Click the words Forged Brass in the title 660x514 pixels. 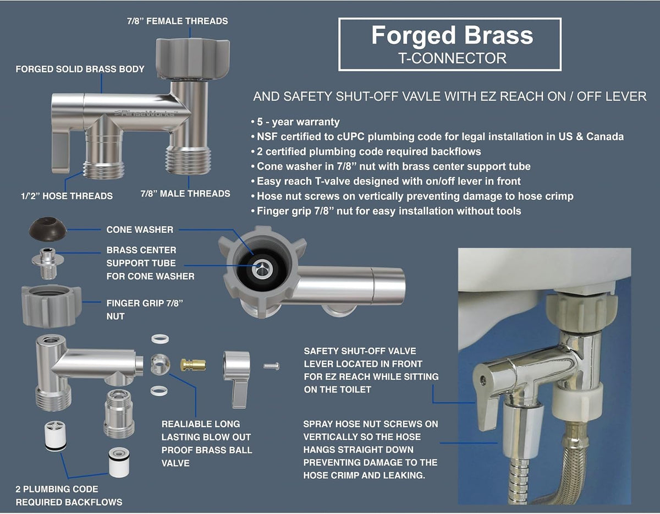[452, 36]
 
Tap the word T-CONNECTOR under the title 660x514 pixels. [452, 58]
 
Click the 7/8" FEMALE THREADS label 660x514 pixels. [178, 21]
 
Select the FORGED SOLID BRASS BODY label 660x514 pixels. [80, 69]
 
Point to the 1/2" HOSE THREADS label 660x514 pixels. [67, 196]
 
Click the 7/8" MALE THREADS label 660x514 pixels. [185, 194]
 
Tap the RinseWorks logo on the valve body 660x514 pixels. [146, 113]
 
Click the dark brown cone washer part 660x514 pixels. [48, 229]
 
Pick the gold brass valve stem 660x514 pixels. [193, 364]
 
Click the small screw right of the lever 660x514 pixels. [271, 367]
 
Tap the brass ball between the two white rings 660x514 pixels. [160, 364]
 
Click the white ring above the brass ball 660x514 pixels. [159, 338]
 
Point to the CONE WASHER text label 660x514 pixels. [140, 229]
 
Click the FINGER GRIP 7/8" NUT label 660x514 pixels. [145, 309]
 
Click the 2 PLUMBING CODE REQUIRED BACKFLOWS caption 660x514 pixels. [69, 495]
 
